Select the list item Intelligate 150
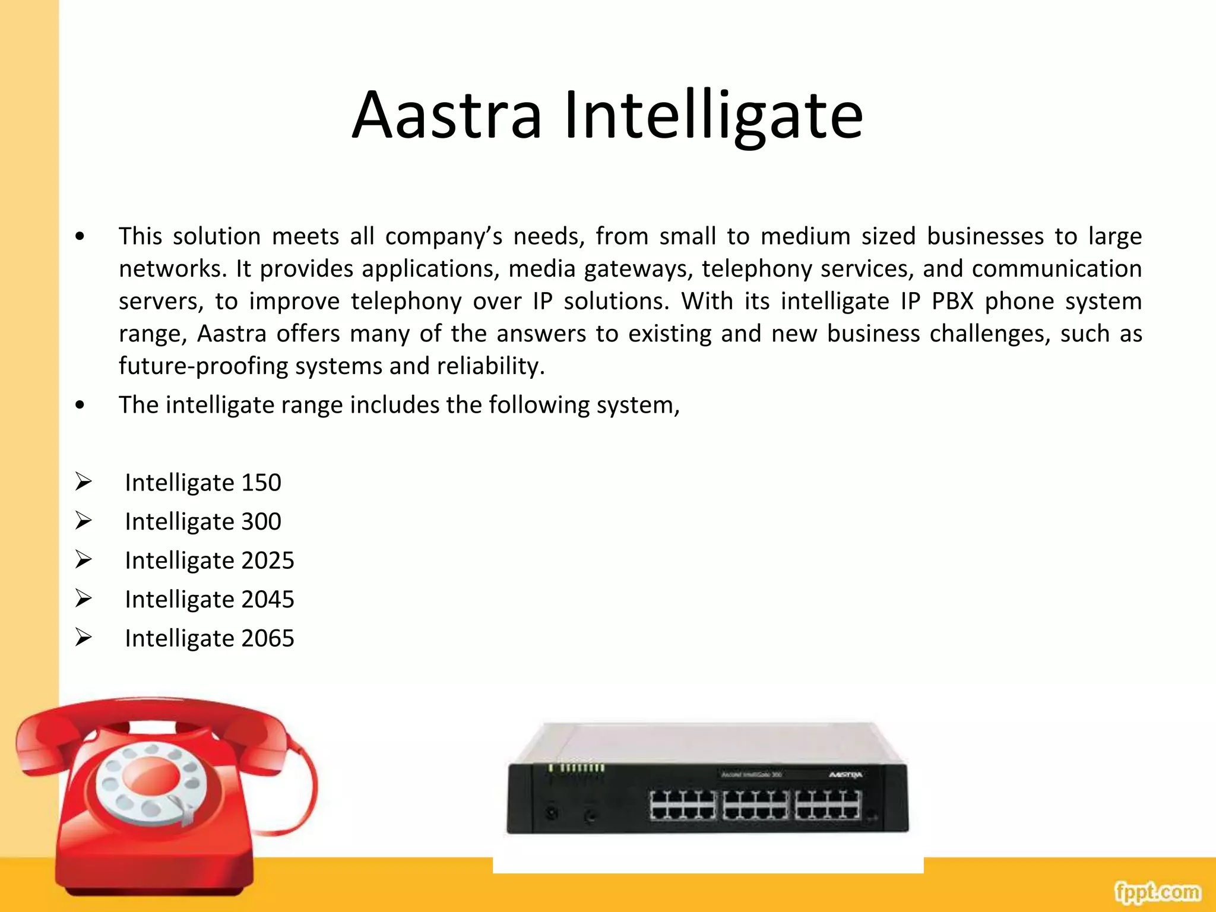click(x=202, y=483)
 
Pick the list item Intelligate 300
click(x=202, y=522)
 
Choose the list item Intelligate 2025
click(x=209, y=560)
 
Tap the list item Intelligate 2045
click(x=209, y=600)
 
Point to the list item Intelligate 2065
click(x=209, y=638)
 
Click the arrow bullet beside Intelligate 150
click(x=84, y=481)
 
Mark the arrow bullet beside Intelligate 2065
click(x=84, y=637)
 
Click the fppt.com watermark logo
click(x=1157, y=892)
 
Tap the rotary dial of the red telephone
click(x=151, y=784)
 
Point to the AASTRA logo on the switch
click(x=845, y=775)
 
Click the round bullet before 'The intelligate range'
click(x=80, y=406)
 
